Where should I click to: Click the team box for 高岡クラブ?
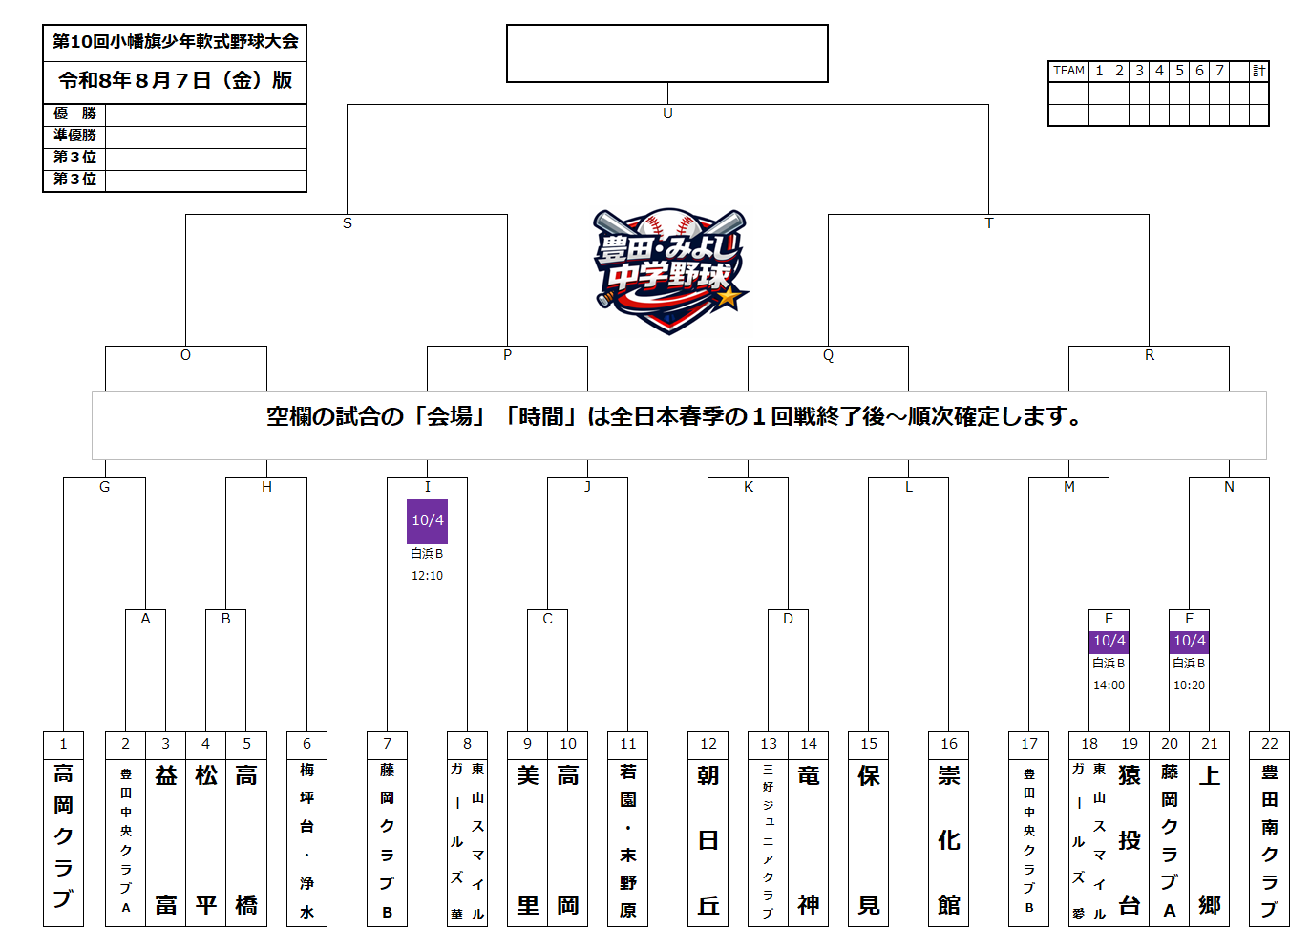coord(63,843)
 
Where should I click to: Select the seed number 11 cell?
coord(627,745)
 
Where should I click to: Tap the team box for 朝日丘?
coord(708,843)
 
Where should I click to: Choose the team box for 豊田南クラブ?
coord(1269,843)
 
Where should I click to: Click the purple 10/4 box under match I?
coord(428,521)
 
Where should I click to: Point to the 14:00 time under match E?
coord(1109,685)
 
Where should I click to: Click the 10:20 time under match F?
coord(1189,685)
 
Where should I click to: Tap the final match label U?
coord(667,114)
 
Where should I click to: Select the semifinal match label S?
coord(348,223)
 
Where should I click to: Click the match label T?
coord(988,223)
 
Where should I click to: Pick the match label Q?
coord(828,355)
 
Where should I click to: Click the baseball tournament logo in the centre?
coord(669,270)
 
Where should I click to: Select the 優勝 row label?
coord(74,114)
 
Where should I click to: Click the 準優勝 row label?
coord(74,135)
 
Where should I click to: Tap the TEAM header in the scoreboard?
coord(1068,71)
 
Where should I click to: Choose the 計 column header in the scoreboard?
coord(1258,71)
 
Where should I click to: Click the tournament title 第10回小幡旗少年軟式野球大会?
coord(176,41)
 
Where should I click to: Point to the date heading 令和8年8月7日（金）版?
coord(176,80)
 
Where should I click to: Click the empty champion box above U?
coord(667,53)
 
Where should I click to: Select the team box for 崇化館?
coord(948,843)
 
